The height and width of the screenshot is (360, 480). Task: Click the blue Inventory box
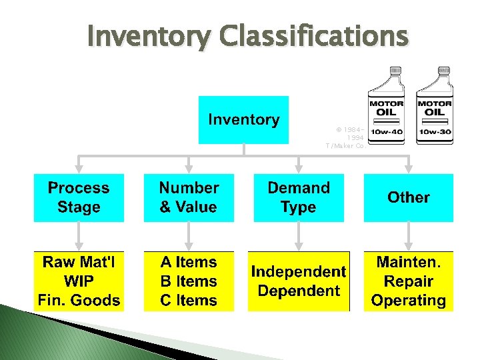click(x=244, y=120)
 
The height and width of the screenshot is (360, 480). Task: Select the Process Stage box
click(x=79, y=197)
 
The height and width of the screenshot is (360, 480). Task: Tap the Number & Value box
click(x=189, y=197)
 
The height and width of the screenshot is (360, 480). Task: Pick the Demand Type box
click(x=299, y=197)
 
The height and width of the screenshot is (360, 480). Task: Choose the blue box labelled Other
click(x=408, y=197)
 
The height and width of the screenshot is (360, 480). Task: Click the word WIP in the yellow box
click(x=79, y=281)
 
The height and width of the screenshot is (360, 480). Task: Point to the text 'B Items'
click(x=189, y=281)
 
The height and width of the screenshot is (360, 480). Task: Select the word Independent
click(x=298, y=272)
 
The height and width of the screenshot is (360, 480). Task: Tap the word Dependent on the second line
click(x=298, y=291)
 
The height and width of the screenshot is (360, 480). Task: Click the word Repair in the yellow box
click(x=408, y=281)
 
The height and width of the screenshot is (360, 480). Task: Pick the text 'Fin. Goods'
click(x=79, y=301)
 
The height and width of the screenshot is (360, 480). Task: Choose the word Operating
click(x=408, y=301)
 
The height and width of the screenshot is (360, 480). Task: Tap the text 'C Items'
click(x=189, y=301)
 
